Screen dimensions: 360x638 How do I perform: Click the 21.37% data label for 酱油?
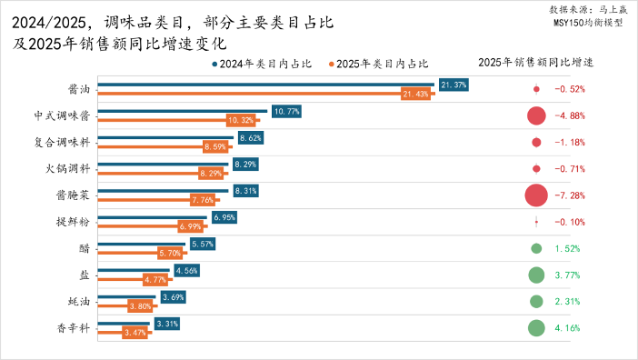coord(453,85)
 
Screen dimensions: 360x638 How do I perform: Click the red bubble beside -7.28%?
coord(536,195)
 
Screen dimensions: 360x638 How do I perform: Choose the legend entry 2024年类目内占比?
coord(262,65)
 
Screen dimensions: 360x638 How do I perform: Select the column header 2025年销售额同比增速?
coord(535,63)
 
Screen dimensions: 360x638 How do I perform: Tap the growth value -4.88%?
coord(569,116)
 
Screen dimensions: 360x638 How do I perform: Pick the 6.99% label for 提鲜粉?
coord(191,226)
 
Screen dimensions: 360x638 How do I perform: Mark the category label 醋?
coord(84,248)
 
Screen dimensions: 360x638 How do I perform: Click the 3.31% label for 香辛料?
coord(166,324)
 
